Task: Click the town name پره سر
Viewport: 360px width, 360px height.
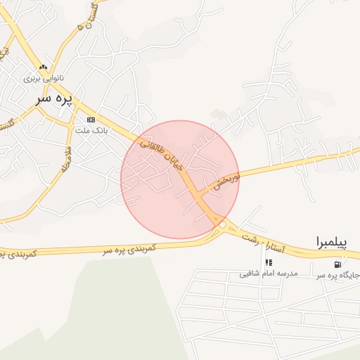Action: pyautogui.click(x=54, y=100)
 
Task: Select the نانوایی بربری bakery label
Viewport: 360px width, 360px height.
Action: pyautogui.click(x=44, y=78)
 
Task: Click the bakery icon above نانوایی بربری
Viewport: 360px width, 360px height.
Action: pyautogui.click(x=44, y=68)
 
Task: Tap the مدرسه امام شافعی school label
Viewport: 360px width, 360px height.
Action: pyautogui.click(x=269, y=273)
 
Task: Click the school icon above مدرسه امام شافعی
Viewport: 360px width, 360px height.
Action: pyautogui.click(x=269, y=263)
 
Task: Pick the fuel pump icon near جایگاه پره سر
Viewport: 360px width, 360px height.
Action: pyautogui.click(x=338, y=264)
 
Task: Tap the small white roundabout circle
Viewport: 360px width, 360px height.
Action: pyautogui.click(x=222, y=224)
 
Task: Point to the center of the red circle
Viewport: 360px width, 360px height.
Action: pyautogui.click(x=180, y=180)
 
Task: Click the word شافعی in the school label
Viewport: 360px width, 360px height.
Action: pyautogui.click(x=251, y=273)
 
